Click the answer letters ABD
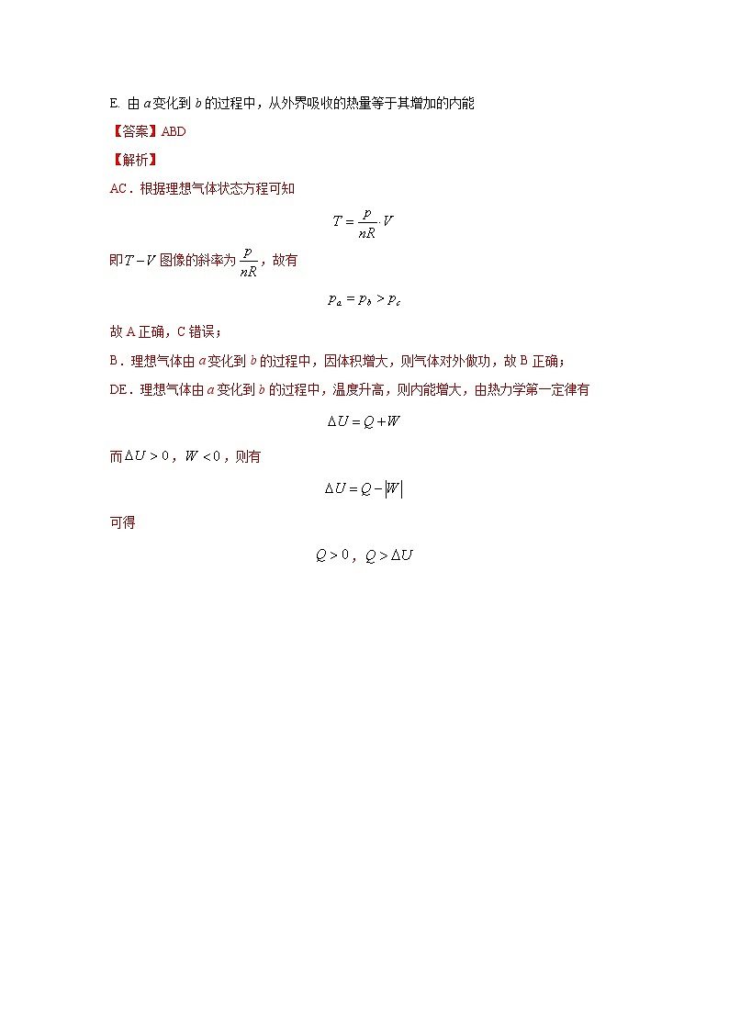click(x=173, y=131)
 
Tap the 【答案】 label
click(x=134, y=131)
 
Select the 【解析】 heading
click(x=134, y=159)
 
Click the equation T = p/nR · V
click(x=364, y=222)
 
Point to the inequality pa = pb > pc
click(x=364, y=299)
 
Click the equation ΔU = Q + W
click(x=364, y=422)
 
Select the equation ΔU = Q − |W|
click(x=364, y=489)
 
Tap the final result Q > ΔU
click(x=389, y=555)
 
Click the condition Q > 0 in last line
click(x=332, y=555)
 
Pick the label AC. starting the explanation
click(x=120, y=188)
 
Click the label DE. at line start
click(x=120, y=389)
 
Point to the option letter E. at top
click(x=114, y=104)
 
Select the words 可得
click(x=122, y=522)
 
